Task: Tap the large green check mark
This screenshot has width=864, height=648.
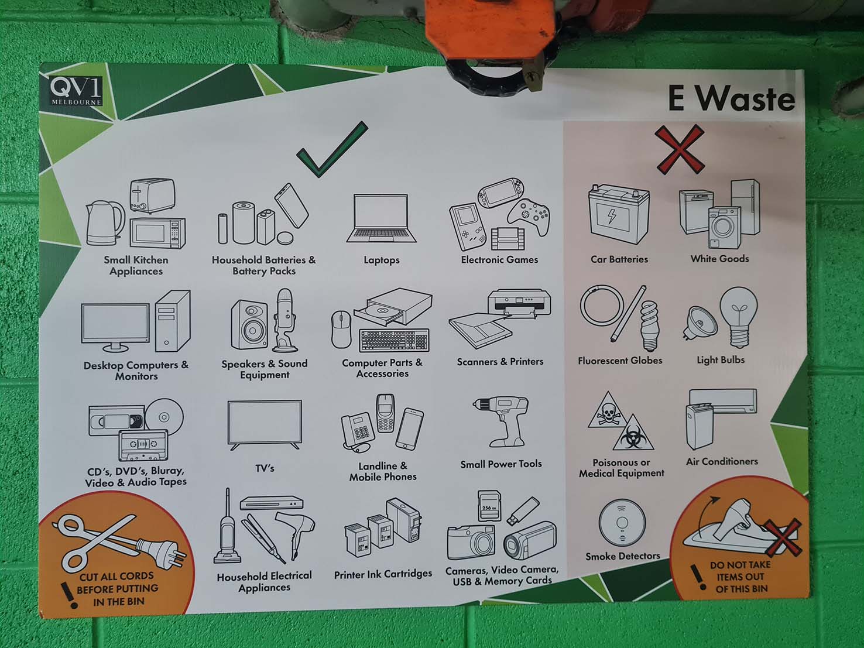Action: (331, 149)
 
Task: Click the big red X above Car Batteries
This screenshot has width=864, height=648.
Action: (680, 149)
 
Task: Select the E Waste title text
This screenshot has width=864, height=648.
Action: (731, 98)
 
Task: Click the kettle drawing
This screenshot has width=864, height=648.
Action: (105, 223)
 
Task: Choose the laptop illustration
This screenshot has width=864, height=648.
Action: (381, 218)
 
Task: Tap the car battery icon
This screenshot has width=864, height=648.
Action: (618, 214)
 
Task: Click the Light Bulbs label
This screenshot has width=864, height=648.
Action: (721, 360)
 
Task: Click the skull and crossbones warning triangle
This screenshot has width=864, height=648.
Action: (608, 410)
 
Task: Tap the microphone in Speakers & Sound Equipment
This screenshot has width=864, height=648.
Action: (286, 320)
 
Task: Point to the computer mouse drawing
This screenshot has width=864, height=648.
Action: (341, 329)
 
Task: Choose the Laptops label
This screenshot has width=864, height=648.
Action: (382, 260)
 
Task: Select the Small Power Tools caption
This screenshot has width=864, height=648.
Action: (501, 464)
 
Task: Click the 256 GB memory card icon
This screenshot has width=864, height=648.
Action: (489, 506)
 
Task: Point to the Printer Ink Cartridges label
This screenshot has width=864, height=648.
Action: (383, 574)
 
